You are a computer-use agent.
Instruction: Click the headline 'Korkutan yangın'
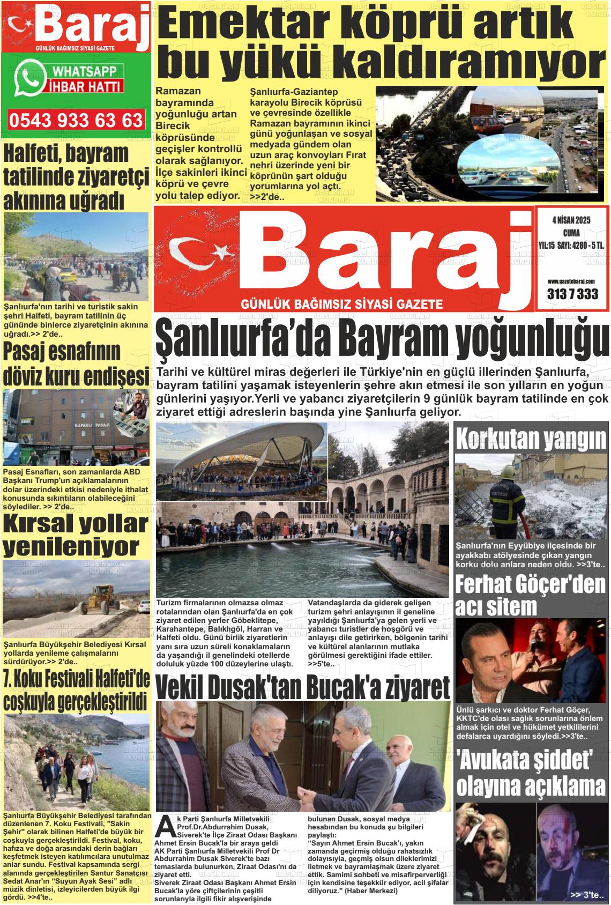[x=531, y=440]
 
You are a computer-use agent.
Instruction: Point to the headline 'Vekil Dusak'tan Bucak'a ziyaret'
[x=302, y=686]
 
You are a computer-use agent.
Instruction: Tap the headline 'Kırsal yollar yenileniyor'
[x=75, y=535]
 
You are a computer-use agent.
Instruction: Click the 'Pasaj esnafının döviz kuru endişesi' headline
[x=76, y=365]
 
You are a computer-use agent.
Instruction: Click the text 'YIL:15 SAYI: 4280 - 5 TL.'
[x=571, y=245]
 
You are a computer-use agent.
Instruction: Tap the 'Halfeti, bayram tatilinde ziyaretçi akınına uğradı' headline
[x=75, y=177]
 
